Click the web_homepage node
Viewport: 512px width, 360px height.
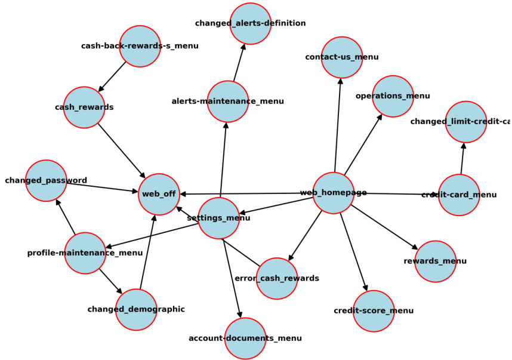pyautogui.click(x=333, y=193)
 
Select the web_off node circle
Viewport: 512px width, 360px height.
pyautogui.click(x=159, y=194)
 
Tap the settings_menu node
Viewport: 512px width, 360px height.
pyautogui.click(x=218, y=218)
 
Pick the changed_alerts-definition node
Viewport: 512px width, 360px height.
pyautogui.click(x=250, y=23)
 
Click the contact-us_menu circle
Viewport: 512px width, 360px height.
pyautogui.click(x=341, y=57)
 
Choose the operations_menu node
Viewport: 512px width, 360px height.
pyautogui.click(x=393, y=96)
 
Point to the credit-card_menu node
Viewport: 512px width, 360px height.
pyautogui.click(x=459, y=195)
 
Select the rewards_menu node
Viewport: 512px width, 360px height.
pyautogui.click(x=435, y=261)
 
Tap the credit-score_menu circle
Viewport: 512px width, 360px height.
pyautogui.click(x=374, y=311)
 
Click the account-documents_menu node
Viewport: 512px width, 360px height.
pyautogui.click(x=245, y=339)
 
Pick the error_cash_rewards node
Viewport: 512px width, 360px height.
pyautogui.click(x=277, y=278)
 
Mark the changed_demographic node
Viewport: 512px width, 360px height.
pyautogui.click(x=136, y=309)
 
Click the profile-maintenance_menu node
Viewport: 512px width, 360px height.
pyautogui.click(x=85, y=253)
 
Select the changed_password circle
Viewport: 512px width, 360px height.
pyautogui.click(x=46, y=180)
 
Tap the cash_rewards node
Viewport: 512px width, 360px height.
pyautogui.click(x=84, y=107)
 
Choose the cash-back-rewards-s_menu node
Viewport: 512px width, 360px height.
pyautogui.click(x=140, y=46)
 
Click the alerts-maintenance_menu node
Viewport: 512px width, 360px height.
pyautogui.click(x=227, y=101)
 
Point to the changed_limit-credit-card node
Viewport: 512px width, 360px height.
pyautogui.click(x=465, y=122)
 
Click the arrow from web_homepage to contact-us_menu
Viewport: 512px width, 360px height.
pyautogui.click(x=338, y=125)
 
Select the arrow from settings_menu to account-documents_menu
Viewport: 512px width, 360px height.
pyautogui.click(x=232, y=278)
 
